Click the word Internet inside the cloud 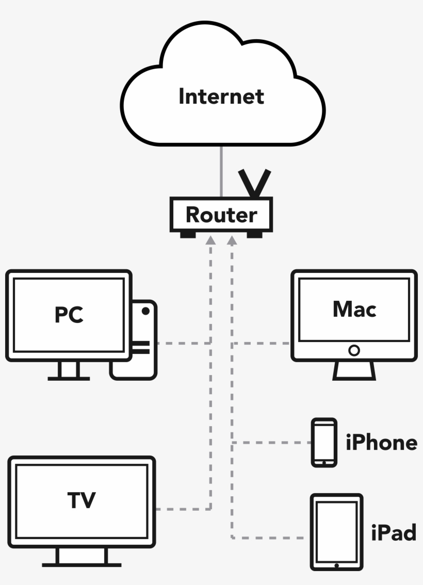pyautogui.click(x=221, y=96)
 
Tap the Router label pyautogui.click(x=221, y=215)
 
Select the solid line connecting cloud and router pyautogui.click(x=222, y=171)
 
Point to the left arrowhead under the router pyautogui.click(x=211, y=240)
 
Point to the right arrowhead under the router pyautogui.click(x=232, y=240)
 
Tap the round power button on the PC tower pyautogui.click(x=146, y=311)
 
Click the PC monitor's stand pyautogui.click(x=69, y=370)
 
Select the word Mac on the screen pyautogui.click(x=354, y=309)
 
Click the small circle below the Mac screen pyautogui.click(x=354, y=350)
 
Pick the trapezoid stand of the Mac pyautogui.click(x=354, y=371)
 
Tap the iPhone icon pyautogui.click(x=324, y=442)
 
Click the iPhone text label pyautogui.click(x=381, y=443)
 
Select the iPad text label pyautogui.click(x=394, y=532)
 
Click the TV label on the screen pyautogui.click(x=82, y=500)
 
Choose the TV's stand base pyautogui.click(x=82, y=564)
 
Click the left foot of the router pyautogui.click(x=188, y=235)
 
